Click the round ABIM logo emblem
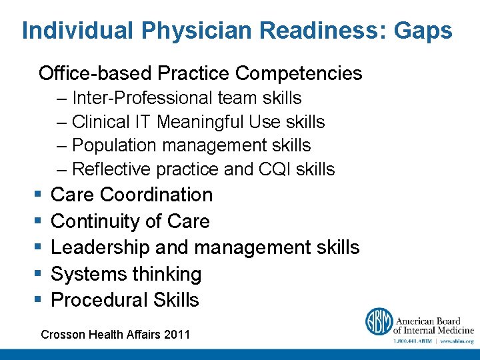coord(378,321)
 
